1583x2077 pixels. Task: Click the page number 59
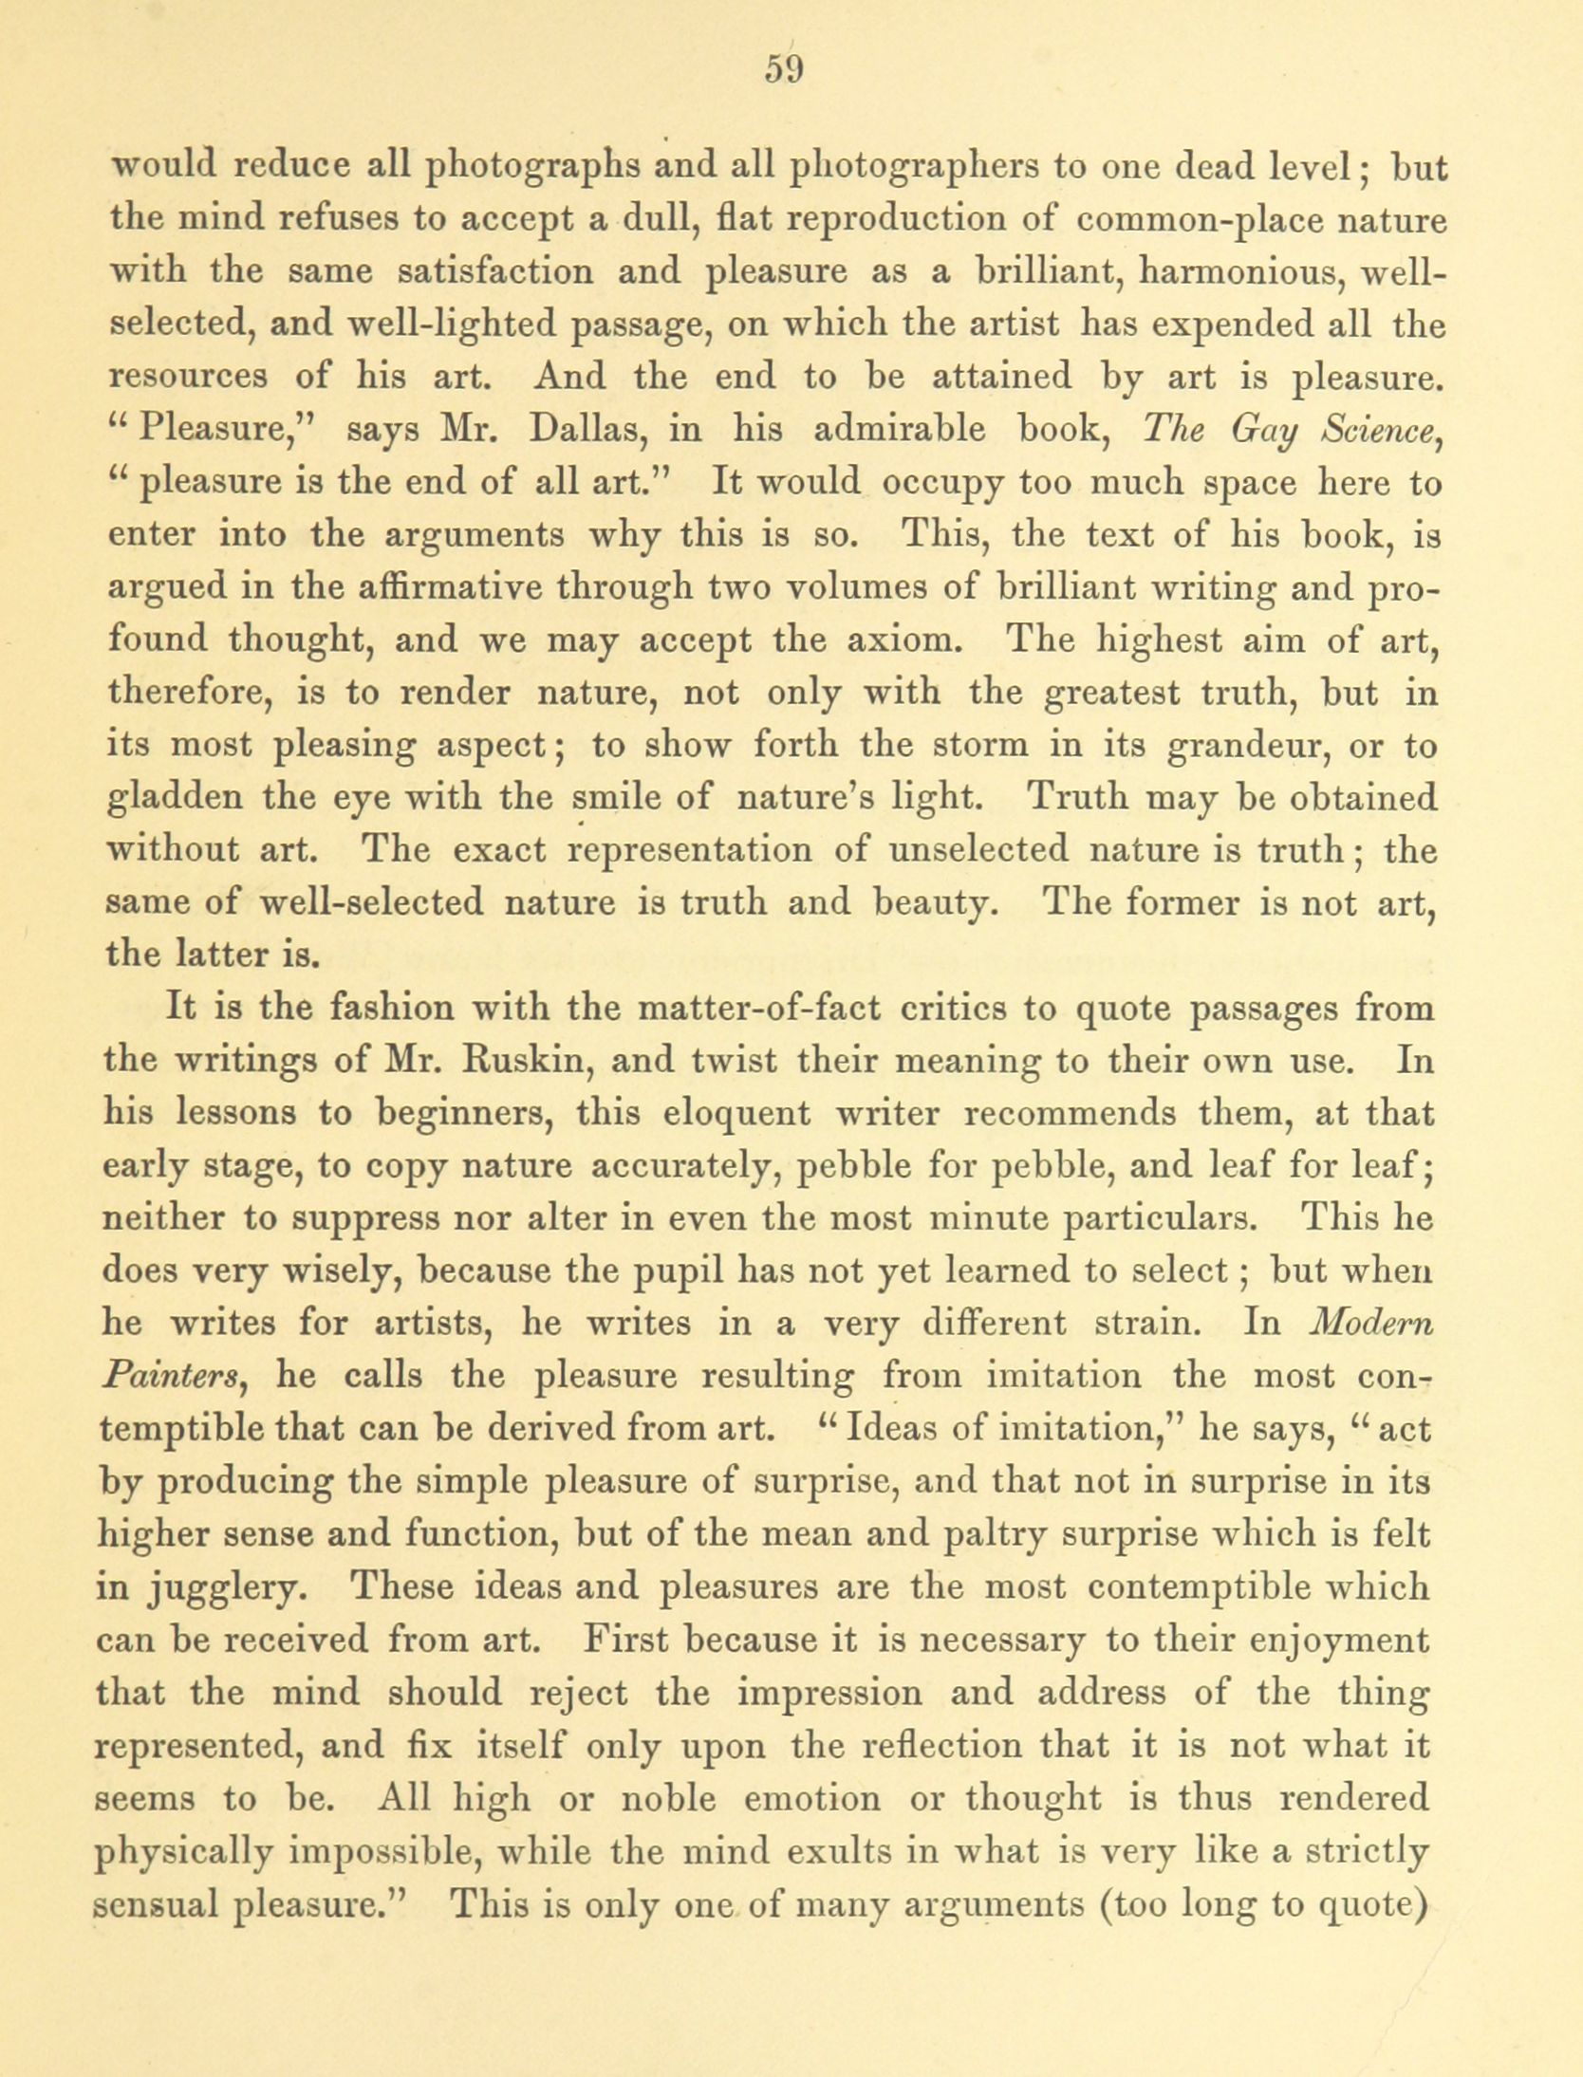coord(783,70)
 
